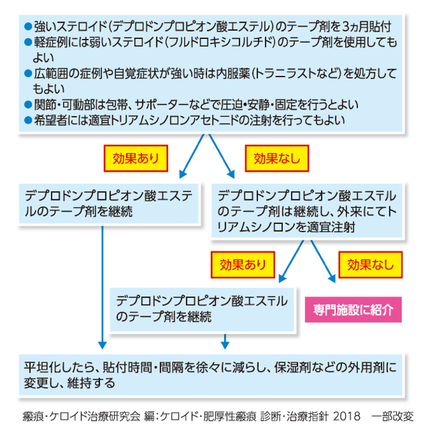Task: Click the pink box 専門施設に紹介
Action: coord(353,309)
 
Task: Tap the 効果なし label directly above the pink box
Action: coord(370,264)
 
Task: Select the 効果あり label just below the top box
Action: coord(135,158)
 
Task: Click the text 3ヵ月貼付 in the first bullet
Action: coord(367,27)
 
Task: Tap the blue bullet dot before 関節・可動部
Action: coord(28,105)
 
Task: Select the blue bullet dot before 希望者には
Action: coord(28,120)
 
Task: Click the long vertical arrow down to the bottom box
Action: coord(103,287)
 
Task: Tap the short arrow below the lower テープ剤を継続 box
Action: coord(225,341)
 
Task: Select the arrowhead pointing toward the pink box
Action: coord(332,278)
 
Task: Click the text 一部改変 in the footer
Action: coord(392,417)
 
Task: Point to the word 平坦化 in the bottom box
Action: coord(40,368)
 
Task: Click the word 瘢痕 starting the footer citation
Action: coord(33,417)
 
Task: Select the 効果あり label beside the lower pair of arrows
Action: coord(243,265)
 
